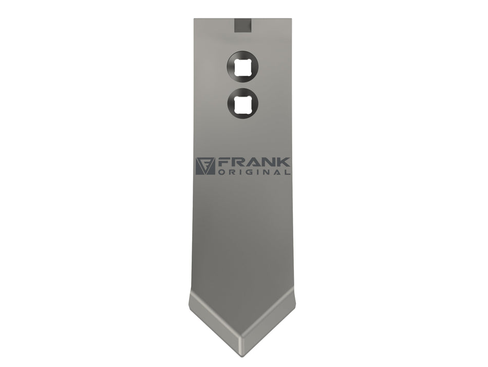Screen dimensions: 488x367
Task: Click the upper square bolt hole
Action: tap(242, 67)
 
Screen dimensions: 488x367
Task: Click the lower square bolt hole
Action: tap(242, 104)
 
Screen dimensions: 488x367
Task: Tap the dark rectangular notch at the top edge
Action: tap(242, 25)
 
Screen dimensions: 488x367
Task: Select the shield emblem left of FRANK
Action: tap(205, 166)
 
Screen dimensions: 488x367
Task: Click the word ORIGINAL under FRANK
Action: tap(254, 172)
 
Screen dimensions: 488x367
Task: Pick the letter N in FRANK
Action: tap(268, 162)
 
